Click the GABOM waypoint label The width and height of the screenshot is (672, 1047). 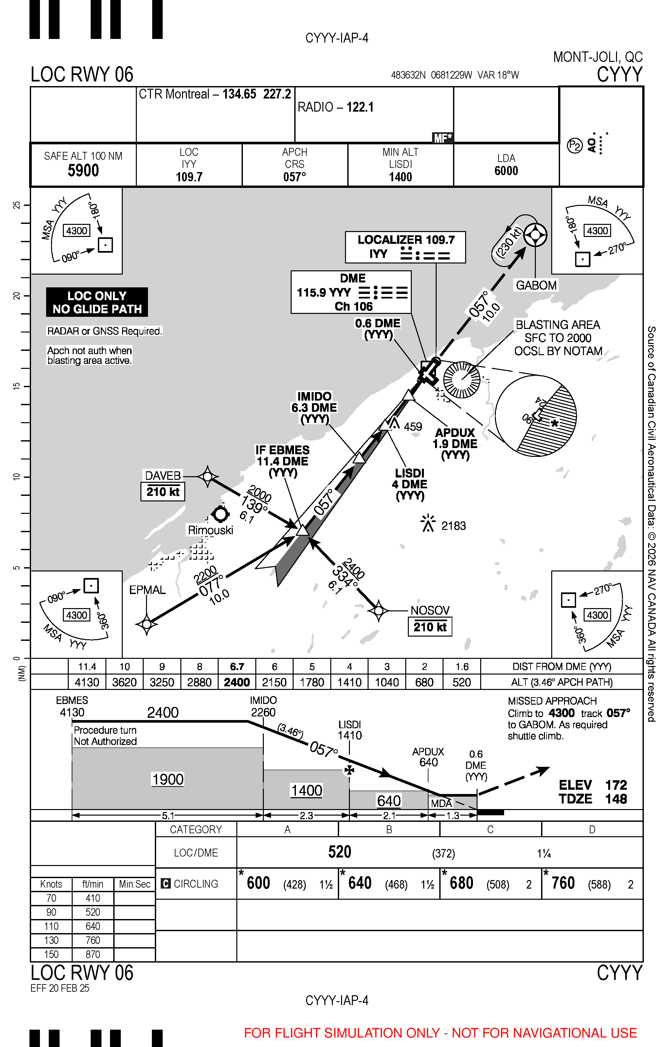point(536,285)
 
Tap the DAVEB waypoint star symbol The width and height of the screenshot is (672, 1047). point(208,477)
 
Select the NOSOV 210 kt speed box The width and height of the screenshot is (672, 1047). point(430,627)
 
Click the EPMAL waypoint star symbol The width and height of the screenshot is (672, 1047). point(147,624)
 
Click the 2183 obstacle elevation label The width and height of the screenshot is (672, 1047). point(453,526)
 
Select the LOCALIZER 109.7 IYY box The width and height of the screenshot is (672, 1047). point(405,247)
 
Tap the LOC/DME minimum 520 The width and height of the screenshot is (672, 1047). point(339,852)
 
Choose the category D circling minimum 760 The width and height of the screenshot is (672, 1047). point(563,883)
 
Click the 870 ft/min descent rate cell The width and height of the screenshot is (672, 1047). point(93,954)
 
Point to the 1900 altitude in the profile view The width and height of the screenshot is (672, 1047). point(168,779)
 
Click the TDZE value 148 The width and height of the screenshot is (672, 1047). point(616,799)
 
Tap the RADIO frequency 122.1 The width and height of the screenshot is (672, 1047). point(360,107)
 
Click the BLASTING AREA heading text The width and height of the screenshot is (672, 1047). point(558,325)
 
